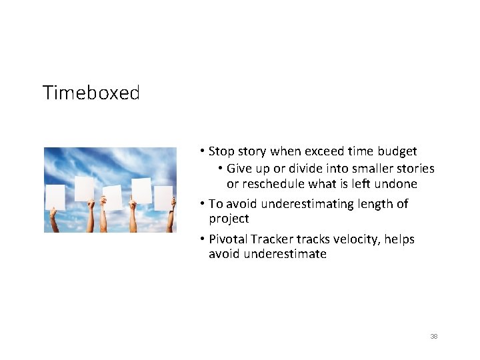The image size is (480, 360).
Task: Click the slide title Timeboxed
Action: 91,93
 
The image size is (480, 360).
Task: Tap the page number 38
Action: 434,337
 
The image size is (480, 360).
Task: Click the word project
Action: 229,219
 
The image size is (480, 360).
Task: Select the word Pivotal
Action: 228,239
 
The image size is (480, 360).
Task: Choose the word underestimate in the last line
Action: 284,254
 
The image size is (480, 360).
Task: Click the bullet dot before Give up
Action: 221,169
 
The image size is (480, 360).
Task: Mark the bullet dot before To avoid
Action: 203,203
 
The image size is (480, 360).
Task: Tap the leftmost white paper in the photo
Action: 55,197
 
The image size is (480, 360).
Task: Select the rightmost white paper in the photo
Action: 163,197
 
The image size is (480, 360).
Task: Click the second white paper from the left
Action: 84,189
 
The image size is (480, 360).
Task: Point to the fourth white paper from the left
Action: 141,191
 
